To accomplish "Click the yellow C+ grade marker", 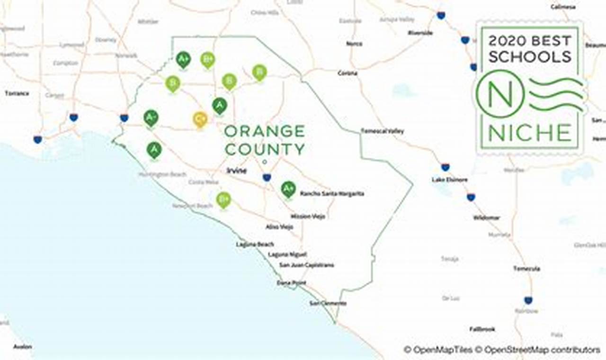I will point(200,119).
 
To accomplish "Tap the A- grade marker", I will point(151,117).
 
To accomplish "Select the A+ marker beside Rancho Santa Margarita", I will point(288,189).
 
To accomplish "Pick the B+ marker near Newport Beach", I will point(223,199).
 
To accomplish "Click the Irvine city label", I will point(236,171).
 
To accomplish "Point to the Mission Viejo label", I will point(308,216).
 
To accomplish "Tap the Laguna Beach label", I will point(255,244).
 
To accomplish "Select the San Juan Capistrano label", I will point(307,265).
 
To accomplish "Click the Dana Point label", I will point(291,283).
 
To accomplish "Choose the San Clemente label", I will point(328,303).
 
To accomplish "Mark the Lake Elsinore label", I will point(449,180).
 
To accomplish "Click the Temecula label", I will point(526,269).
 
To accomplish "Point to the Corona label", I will point(348,73).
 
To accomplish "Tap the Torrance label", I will point(17,93).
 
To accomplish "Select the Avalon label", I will point(22,347).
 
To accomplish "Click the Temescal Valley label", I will point(383,131).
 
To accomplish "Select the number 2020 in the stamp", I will point(507,41).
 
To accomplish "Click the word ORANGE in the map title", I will point(265,131).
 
